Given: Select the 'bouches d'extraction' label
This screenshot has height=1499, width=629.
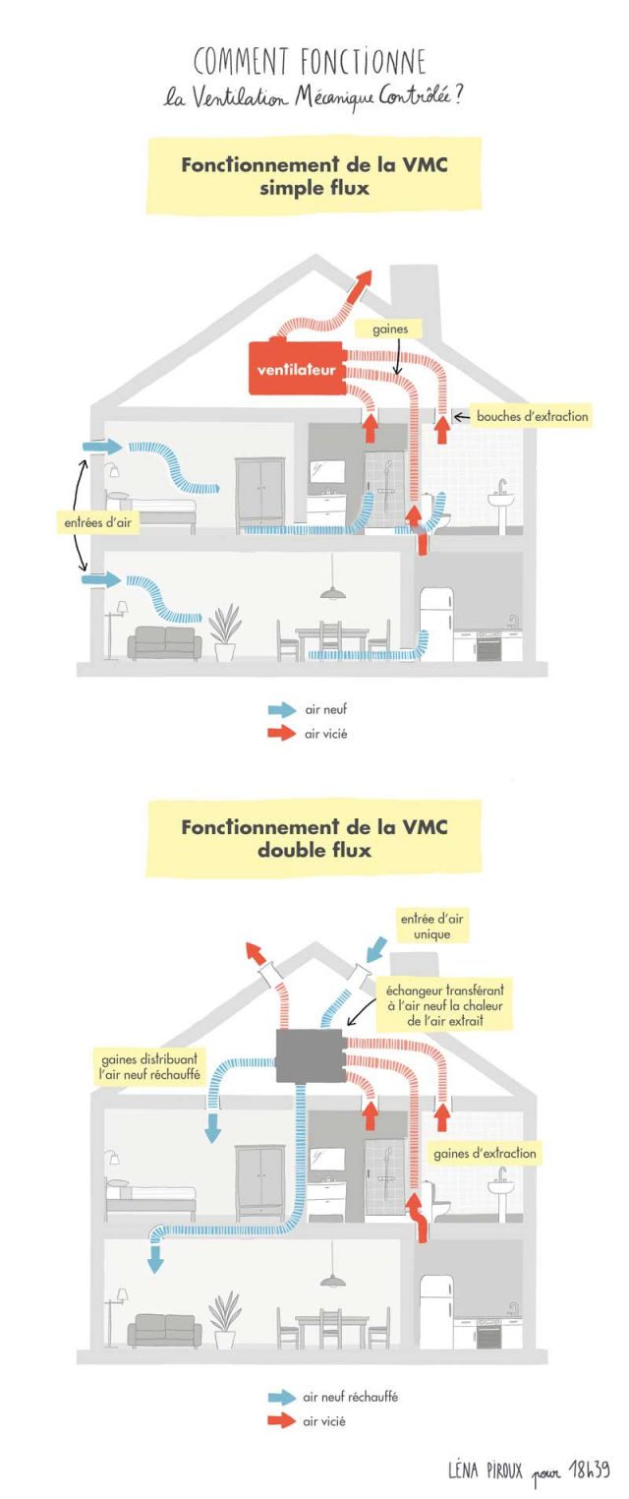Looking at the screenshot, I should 532,416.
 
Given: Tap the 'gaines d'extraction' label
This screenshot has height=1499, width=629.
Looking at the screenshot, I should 486,1152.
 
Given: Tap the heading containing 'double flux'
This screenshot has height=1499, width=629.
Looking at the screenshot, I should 314,839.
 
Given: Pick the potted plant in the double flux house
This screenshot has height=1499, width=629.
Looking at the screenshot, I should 225,1318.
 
